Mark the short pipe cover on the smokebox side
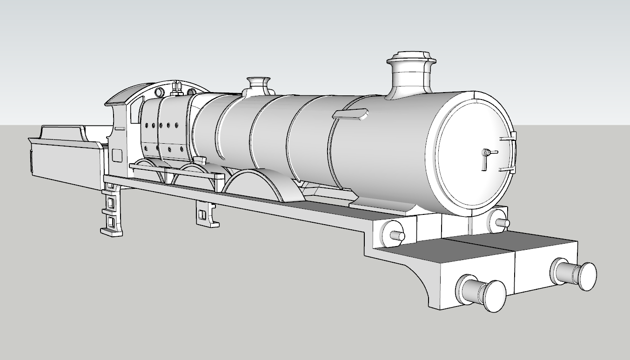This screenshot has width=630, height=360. coord(350,114)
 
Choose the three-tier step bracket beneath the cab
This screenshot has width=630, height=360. coord(112,209)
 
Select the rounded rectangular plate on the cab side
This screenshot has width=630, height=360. coord(117,155)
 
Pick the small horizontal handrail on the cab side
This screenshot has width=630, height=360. coord(120,128)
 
